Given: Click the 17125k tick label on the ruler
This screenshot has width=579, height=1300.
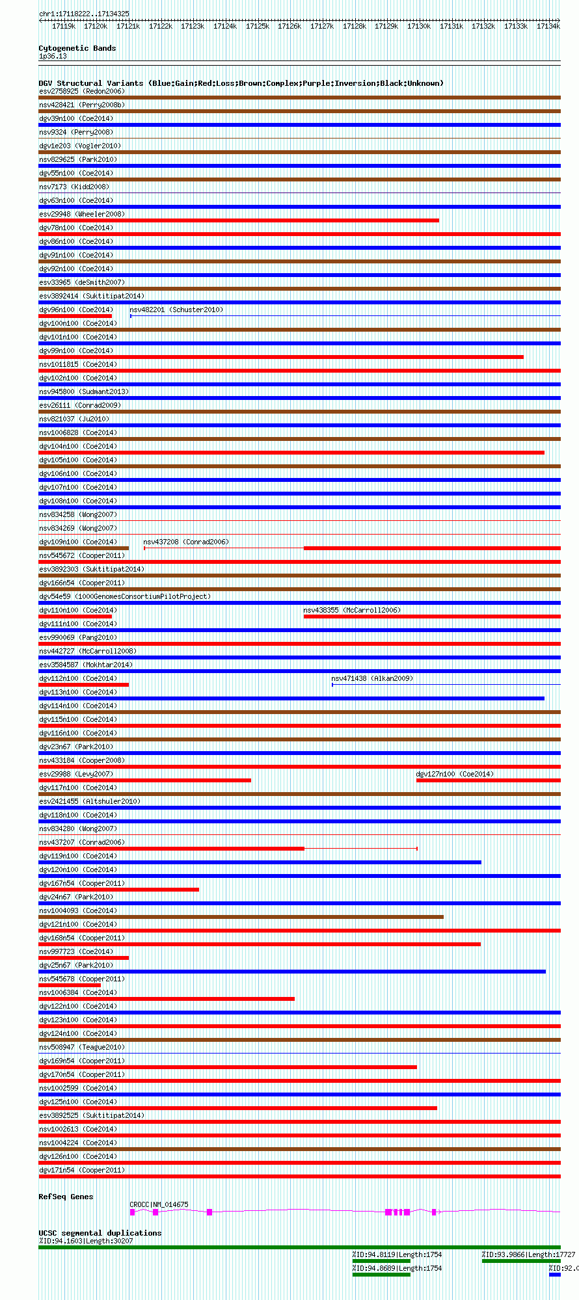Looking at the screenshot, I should click(257, 26).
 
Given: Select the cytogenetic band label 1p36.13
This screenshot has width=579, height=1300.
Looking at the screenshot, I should click(53, 57).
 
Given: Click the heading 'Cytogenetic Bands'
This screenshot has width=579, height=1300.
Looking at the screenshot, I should click(77, 48).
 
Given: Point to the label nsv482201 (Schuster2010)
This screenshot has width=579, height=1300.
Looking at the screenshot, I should click(176, 310).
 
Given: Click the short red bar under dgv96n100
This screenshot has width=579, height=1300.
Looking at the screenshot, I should click(75, 316).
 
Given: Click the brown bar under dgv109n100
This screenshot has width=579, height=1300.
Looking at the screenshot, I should click(83, 548).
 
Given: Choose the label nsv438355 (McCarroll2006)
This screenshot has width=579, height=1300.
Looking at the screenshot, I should click(351, 610).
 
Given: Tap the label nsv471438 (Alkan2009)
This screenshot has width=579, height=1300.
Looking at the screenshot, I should click(371, 678).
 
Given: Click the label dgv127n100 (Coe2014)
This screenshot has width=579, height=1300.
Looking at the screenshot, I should click(454, 774).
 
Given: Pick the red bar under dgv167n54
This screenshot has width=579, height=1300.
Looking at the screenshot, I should click(118, 890).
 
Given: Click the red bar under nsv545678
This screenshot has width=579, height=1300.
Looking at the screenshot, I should click(70, 985).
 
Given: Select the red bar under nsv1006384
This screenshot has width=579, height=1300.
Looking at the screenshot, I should click(166, 999).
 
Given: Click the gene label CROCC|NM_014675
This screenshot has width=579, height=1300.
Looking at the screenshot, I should click(159, 1204).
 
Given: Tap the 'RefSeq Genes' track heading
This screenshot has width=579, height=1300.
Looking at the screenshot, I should click(66, 1197).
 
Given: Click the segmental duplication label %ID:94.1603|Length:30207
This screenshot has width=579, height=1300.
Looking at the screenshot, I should click(85, 1241).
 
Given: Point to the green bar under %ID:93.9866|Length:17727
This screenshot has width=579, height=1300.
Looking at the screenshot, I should click(520, 1261).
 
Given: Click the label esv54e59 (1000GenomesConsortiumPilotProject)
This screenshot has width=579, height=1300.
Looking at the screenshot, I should click(124, 596).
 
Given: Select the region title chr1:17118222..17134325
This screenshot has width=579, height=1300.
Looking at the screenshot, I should click(84, 14).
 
